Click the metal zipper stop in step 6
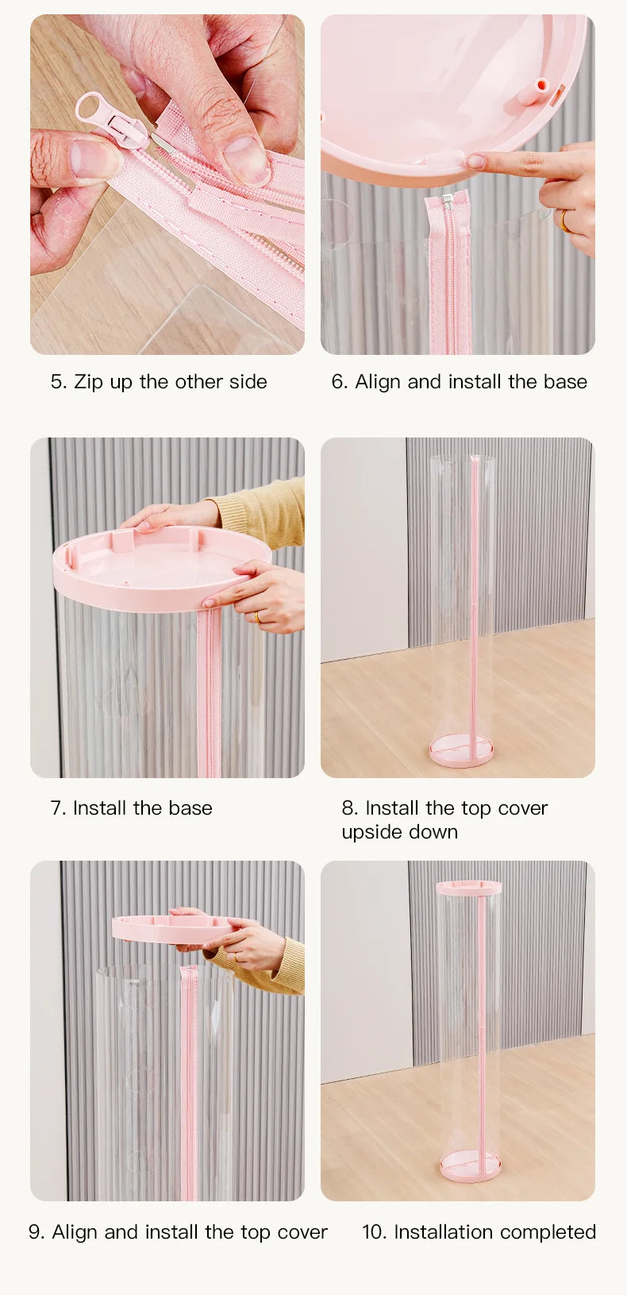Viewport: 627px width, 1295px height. (446, 199)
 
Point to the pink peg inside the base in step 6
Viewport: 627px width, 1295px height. (533, 93)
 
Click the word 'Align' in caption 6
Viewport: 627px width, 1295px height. (378, 382)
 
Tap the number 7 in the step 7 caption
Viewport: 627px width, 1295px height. (56, 807)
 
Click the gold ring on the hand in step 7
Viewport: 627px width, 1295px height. (258, 617)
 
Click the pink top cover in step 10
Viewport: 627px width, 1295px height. (468, 888)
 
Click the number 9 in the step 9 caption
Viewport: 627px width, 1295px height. (34, 1232)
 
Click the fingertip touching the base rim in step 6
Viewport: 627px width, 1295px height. (475, 161)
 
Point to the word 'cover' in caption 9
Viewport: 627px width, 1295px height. (302, 1232)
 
